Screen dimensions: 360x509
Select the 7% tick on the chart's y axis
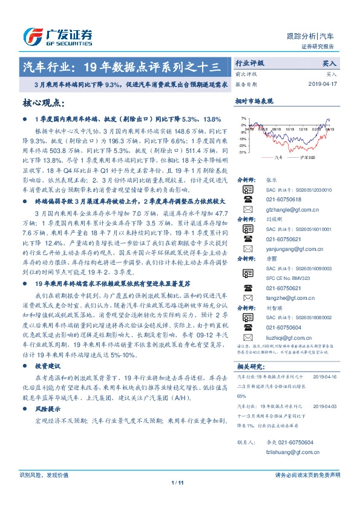pos(243,118)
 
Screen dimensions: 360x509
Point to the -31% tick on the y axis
pos(242,152)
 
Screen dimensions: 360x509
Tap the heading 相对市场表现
pos(254,102)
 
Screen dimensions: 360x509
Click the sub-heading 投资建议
pos(47,366)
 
